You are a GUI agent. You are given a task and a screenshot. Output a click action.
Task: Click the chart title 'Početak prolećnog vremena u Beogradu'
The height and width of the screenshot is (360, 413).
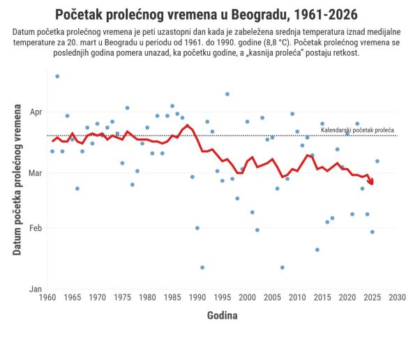coord(207,14)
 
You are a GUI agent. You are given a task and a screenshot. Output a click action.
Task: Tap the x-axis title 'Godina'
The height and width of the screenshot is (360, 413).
coord(222,315)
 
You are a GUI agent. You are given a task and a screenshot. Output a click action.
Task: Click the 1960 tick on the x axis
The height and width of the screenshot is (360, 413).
coord(47,298)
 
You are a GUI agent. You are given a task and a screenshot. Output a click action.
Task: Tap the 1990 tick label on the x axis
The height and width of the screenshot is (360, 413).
coord(197,298)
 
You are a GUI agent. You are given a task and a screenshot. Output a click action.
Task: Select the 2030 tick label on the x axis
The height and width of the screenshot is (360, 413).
coord(398,298)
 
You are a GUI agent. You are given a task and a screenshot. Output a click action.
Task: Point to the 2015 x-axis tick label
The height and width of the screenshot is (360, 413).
coord(322,298)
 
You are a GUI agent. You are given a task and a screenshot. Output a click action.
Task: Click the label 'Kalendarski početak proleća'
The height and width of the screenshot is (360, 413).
coord(357,130)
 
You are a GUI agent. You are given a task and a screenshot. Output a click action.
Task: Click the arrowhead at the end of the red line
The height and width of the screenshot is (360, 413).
coord(371,182)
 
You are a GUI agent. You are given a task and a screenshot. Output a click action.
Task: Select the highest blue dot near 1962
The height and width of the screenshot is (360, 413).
coord(57,76)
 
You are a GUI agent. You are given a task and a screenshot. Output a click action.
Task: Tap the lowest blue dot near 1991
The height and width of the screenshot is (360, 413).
coord(202,267)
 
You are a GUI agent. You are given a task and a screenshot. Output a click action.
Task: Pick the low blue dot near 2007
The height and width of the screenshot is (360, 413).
coord(283,267)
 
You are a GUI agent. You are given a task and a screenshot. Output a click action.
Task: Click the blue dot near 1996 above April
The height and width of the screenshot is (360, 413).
coord(227,94)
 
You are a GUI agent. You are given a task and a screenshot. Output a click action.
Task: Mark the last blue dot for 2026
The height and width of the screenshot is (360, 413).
coord(377,161)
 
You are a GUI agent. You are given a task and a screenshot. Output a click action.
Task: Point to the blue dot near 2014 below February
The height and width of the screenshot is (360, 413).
coord(317,250)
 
